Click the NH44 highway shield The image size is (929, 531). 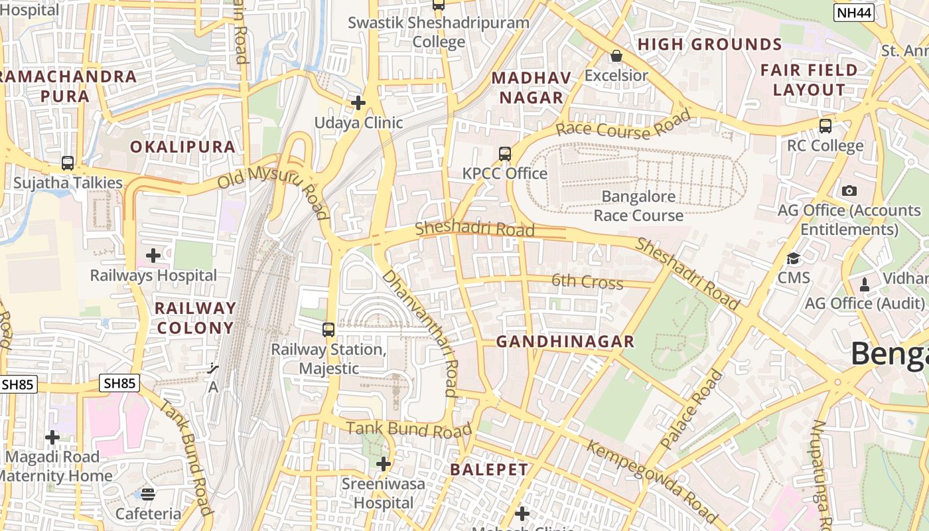pyautogui.click(x=854, y=12)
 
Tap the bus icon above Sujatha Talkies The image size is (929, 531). pyautogui.click(x=68, y=163)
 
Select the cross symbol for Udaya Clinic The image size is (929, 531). pyautogui.click(x=358, y=103)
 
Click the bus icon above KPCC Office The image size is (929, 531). pyautogui.click(x=505, y=154)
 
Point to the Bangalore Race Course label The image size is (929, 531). pyautogui.click(x=638, y=206)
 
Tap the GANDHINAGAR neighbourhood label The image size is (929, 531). pyautogui.click(x=565, y=342)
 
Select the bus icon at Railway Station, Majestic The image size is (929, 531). pyautogui.click(x=328, y=329)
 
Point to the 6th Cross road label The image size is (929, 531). pyautogui.click(x=587, y=282)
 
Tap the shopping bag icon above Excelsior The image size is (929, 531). pyautogui.click(x=616, y=56)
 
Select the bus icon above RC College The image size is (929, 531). pyautogui.click(x=825, y=126)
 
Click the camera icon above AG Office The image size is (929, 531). pyautogui.click(x=849, y=190)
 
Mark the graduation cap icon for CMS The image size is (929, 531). pyautogui.click(x=794, y=258)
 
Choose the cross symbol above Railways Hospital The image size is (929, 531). pyautogui.click(x=153, y=256)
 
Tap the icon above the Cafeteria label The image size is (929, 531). pyautogui.click(x=148, y=494)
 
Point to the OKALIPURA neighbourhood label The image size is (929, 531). pyautogui.click(x=182, y=147)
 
